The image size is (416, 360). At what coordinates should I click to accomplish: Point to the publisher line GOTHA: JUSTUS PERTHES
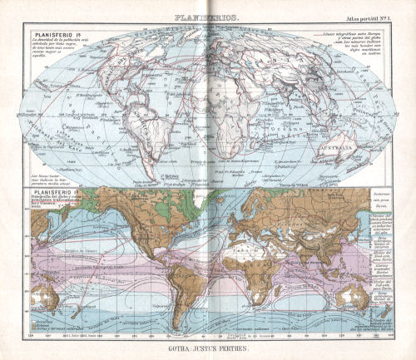coord(208,350)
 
